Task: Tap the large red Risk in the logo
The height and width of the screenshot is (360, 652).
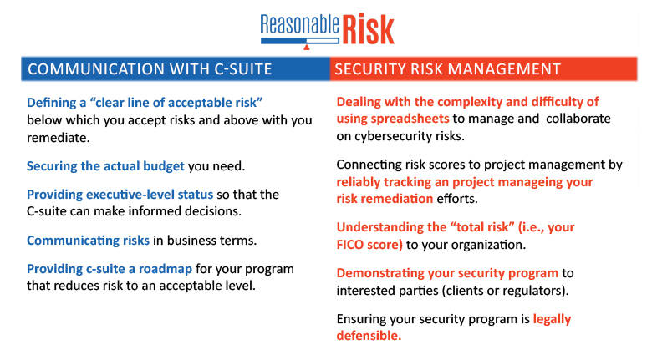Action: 369,29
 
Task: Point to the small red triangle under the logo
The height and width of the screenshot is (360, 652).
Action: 307,47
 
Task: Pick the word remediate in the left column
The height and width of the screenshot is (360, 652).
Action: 59,138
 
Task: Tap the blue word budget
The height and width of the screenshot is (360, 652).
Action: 164,166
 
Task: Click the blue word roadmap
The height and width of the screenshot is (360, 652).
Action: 166,269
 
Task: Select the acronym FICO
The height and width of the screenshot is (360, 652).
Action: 350,245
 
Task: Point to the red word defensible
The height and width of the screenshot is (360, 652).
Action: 369,336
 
